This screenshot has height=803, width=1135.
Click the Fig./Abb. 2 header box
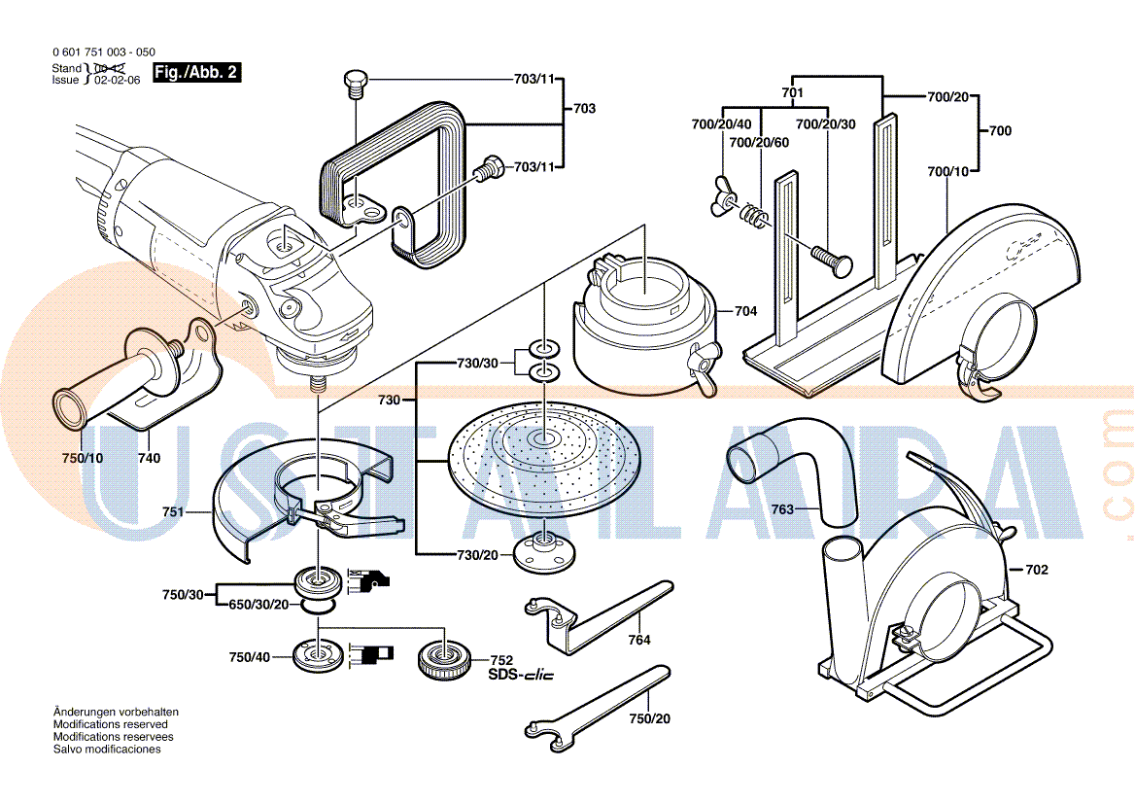(x=197, y=73)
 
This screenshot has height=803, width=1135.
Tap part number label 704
(x=745, y=312)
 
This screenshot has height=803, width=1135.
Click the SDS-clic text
(x=520, y=675)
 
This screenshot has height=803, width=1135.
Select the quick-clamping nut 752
(x=444, y=663)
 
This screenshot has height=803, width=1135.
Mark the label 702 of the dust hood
(x=1037, y=570)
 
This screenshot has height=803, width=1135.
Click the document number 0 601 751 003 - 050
(x=102, y=52)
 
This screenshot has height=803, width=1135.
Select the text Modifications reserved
(x=110, y=724)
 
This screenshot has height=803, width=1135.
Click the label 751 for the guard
(x=173, y=510)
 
